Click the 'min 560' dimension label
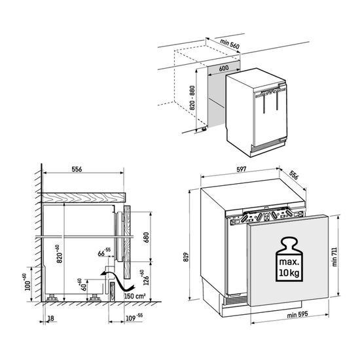[x=230, y=45]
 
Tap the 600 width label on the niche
[x=224, y=68]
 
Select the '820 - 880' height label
[x=192, y=98]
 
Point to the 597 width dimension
[x=241, y=170]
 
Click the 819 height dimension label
[x=186, y=257]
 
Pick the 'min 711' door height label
[x=334, y=257]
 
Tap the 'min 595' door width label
[x=297, y=315]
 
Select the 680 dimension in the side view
[x=146, y=238]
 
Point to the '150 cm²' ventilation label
[x=135, y=296]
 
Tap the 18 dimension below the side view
[x=51, y=318]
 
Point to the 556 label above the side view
[x=77, y=170]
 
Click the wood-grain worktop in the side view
[x=83, y=198]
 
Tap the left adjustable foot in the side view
[x=52, y=298]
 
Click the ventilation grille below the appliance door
[x=236, y=300]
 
